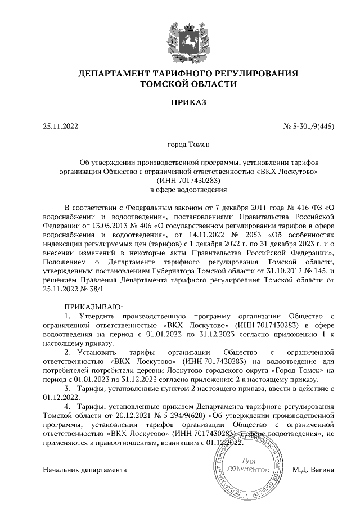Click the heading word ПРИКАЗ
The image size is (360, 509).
click(180, 102)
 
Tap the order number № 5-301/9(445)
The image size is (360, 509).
click(309, 127)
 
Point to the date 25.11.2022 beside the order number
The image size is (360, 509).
click(60, 127)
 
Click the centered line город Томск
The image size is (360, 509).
click(180, 145)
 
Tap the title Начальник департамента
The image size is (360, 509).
click(85, 469)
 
